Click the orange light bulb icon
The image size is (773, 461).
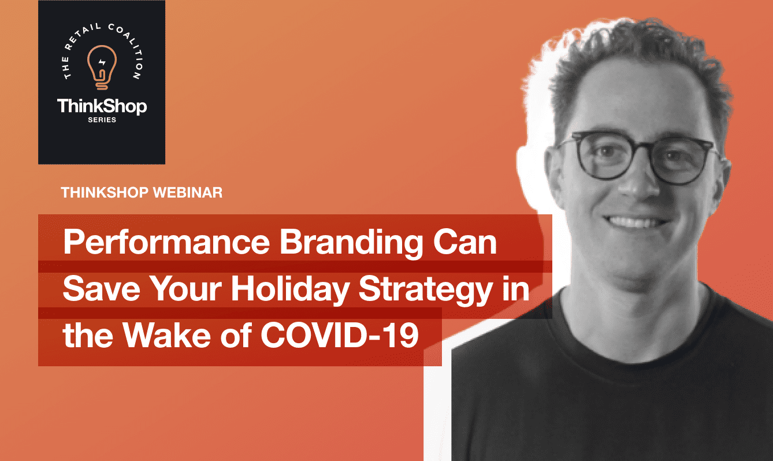click(x=102, y=68)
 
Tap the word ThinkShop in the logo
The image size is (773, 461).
click(x=102, y=107)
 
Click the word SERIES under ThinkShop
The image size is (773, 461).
click(x=102, y=120)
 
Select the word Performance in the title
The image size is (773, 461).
click(x=166, y=241)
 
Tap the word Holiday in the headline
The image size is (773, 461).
click(x=290, y=290)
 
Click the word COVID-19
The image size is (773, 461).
click(x=340, y=335)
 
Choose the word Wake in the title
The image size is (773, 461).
click(x=167, y=335)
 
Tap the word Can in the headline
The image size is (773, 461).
click(x=465, y=242)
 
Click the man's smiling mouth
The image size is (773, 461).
click(x=636, y=222)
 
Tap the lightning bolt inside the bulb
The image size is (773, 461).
click(x=102, y=62)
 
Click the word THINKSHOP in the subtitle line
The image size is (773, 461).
click(x=105, y=192)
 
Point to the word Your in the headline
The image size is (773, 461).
click(x=187, y=289)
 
